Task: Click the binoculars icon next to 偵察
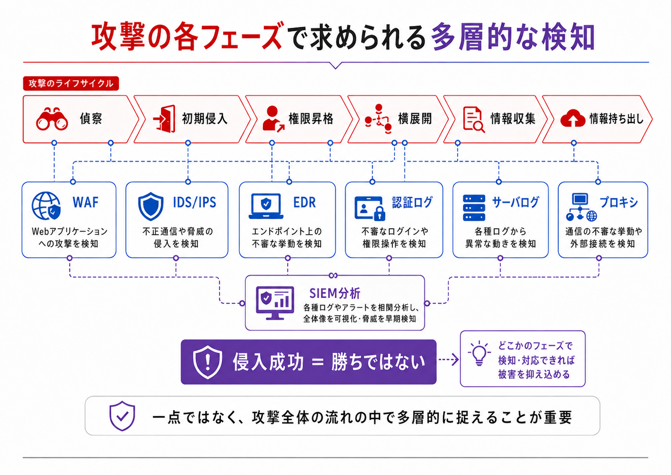[x=52, y=119]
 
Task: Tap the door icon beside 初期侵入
[x=164, y=119]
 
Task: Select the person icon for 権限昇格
[x=273, y=119]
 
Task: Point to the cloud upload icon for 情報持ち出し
[x=572, y=119]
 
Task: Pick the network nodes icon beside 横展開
[x=378, y=119]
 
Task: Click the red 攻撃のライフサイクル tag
[x=71, y=83]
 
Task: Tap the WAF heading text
[x=86, y=202]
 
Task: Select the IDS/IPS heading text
[x=194, y=203]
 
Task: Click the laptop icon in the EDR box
[x=266, y=206]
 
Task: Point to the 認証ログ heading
[x=412, y=203]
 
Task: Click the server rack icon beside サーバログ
[x=474, y=208]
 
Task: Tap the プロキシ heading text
[x=619, y=203]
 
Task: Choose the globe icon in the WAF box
[x=46, y=206]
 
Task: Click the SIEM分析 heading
[x=335, y=294]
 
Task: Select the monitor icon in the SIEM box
[x=275, y=303]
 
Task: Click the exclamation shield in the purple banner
[x=207, y=362]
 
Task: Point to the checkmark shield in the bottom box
[x=122, y=416]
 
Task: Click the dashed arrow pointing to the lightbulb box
[x=448, y=360]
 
